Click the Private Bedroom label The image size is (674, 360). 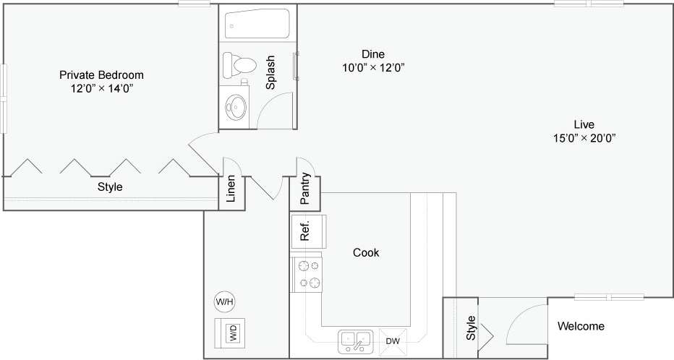point(101,74)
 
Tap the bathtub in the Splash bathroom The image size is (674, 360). point(256,25)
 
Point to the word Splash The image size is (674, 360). point(270,72)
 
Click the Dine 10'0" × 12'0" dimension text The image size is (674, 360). point(373,69)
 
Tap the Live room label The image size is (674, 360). point(584,124)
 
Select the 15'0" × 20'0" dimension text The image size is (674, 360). point(584,137)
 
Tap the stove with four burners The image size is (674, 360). point(309,273)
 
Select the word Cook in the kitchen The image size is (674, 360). point(366,253)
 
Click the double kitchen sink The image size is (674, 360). point(354,340)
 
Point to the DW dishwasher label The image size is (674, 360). point(393,341)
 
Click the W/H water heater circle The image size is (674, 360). point(225,301)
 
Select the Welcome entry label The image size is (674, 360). point(581,326)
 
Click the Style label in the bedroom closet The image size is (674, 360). point(110,187)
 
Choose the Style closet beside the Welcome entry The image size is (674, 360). point(471,327)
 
